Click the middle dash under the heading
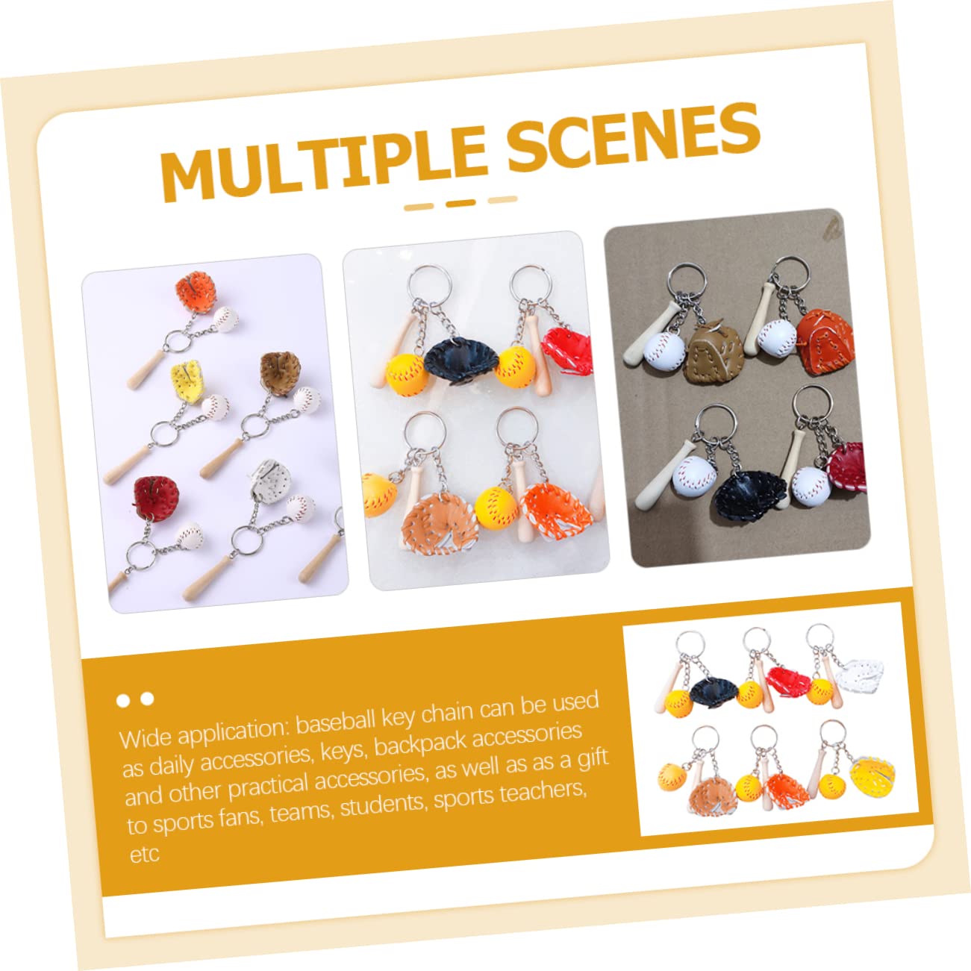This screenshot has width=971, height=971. click(460, 203)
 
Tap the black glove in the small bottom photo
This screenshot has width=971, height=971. click(714, 690)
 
